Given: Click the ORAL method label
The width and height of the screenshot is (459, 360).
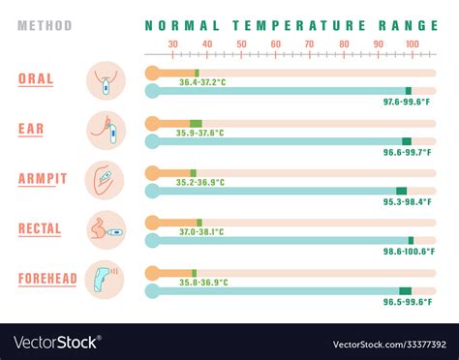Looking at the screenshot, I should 36,78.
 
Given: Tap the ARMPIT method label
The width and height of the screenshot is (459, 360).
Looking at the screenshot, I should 43,178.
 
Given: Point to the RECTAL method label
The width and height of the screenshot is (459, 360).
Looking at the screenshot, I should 40,228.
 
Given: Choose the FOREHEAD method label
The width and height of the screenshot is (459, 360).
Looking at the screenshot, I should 47,279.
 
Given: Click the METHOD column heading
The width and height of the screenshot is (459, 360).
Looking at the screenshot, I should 45,26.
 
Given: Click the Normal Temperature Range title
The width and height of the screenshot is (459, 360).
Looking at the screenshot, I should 282,26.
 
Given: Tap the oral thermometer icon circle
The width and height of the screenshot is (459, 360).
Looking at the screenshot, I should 106,79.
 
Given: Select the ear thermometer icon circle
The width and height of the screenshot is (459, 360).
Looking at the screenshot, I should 106,130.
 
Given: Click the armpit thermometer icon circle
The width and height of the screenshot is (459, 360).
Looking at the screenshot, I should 106,180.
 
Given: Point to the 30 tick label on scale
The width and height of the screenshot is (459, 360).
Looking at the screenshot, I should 172,44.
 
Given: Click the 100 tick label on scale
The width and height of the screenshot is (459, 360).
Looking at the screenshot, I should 412,44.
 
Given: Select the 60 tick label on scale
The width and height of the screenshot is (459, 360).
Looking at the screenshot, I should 275,44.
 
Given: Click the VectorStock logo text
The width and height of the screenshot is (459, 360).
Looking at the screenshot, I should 57,342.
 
